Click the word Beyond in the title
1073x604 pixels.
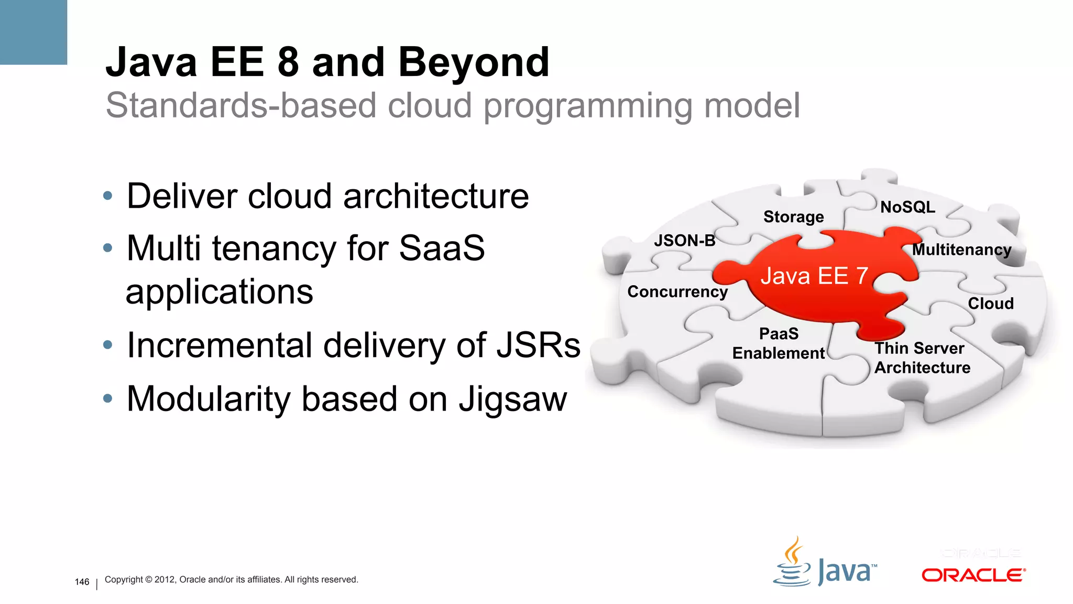pyautogui.click(x=474, y=63)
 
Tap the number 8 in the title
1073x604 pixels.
pyautogui.click(x=288, y=63)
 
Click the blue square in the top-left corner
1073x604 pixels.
pyautogui.click(x=33, y=31)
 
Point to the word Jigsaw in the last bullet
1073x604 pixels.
pyautogui.click(x=513, y=400)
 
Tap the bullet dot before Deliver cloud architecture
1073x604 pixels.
pyautogui.click(x=108, y=196)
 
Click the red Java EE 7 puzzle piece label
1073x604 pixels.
pyautogui.click(x=814, y=276)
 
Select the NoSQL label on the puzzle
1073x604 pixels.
pyautogui.click(x=907, y=207)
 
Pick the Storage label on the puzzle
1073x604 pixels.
pyautogui.click(x=793, y=217)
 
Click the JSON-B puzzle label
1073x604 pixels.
pyautogui.click(x=684, y=241)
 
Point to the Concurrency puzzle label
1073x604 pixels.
pyautogui.click(x=677, y=292)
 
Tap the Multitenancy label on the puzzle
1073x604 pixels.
pyautogui.click(x=961, y=250)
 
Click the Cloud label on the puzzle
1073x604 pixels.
pyautogui.click(x=990, y=304)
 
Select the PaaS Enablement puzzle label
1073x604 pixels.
pyautogui.click(x=779, y=343)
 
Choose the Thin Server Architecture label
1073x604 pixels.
pyautogui.click(x=922, y=358)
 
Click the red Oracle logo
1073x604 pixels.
pyautogui.click(x=973, y=575)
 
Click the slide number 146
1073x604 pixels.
pyautogui.click(x=82, y=582)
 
